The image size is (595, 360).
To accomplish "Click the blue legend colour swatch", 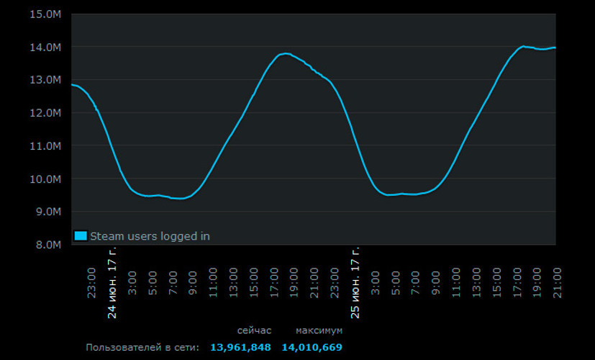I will pos(81,235).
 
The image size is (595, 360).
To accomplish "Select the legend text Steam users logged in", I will pos(150,235).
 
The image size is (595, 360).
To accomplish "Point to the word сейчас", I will pos(254,330).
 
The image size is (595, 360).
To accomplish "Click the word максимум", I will pos(319,330).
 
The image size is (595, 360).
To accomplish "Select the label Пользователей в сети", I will pos(142,348).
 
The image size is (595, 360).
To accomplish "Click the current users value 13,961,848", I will pos(240,348).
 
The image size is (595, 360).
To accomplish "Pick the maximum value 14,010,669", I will pos(312,348).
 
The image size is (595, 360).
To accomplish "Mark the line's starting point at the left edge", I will pos(71,84).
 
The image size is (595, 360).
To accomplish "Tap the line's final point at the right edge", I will pos(555,48).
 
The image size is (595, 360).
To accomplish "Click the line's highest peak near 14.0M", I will pos(523,46).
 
